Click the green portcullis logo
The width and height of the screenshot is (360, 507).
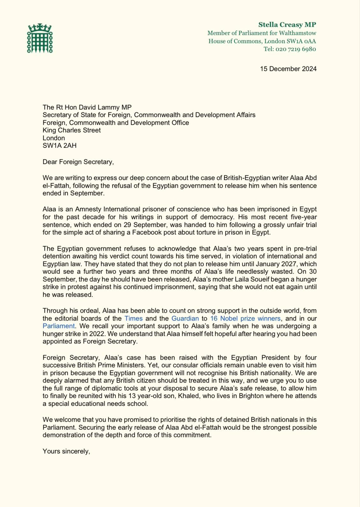click(x=40, y=38)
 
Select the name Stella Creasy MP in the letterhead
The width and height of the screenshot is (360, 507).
click(x=287, y=25)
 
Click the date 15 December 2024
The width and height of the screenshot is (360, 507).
click(x=288, y=69)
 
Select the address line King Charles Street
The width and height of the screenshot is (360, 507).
click(x=72, y=130)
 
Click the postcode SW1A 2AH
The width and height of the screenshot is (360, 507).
click(x=60, y=146)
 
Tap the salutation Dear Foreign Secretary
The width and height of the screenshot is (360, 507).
click(x=78, y=162)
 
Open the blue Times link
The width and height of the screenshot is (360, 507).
click(x=133, y=318)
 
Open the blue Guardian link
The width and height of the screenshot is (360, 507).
click(x=185, y=318)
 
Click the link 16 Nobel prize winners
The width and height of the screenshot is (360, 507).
click(x=245, y=318)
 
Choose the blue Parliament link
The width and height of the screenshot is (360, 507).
click(x=59, y=326)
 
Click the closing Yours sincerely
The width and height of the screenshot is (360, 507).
click(x=66, y=451)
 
